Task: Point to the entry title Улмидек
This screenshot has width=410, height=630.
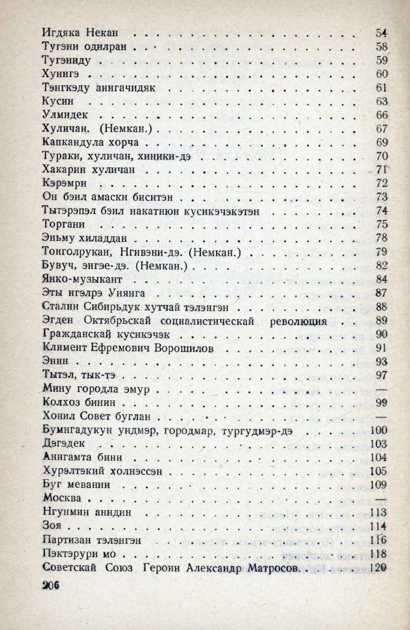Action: tap(63, 114)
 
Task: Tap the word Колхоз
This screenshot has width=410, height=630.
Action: tap(60, 402)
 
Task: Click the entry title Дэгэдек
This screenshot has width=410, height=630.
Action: tap(63, 443)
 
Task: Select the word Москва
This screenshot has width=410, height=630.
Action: tap(61, 497)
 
